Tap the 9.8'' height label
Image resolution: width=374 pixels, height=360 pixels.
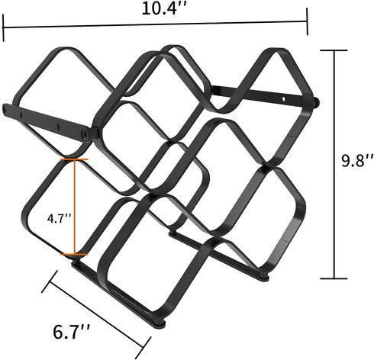[357, 160]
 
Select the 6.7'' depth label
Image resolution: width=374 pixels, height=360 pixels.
[72, 332]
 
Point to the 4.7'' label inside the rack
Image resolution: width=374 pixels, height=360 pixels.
[59, 219]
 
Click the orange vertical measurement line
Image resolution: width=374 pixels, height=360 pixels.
[74, 207]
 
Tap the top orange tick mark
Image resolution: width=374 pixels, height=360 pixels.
[74, 159]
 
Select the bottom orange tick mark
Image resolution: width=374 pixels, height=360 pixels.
[74, 254]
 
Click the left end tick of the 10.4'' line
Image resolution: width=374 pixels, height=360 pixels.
[3, 27]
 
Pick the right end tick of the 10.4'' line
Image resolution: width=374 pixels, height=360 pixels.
[307, 21]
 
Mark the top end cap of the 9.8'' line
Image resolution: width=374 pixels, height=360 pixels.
[334, 50]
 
